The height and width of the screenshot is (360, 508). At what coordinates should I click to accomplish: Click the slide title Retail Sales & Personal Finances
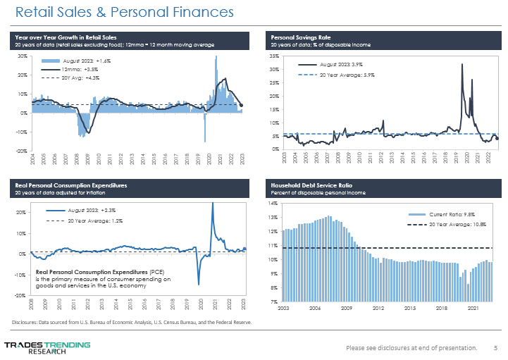pos(124,13)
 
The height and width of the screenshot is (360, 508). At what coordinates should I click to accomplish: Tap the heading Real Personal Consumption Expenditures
pos(73,184)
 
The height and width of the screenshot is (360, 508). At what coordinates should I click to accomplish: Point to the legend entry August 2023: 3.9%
pos(346,65)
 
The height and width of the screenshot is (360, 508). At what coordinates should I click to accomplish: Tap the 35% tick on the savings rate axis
pos(275,56)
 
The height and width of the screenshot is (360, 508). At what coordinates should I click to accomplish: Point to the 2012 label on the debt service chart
pos(378,309)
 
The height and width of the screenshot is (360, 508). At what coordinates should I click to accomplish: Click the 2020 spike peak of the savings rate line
pos(461,64)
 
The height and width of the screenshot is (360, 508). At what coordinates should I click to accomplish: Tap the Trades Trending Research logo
pos(47,347)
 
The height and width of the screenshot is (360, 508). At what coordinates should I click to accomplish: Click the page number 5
pos(495,347)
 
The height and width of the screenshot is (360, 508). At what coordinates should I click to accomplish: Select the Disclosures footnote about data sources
pos(132,322)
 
